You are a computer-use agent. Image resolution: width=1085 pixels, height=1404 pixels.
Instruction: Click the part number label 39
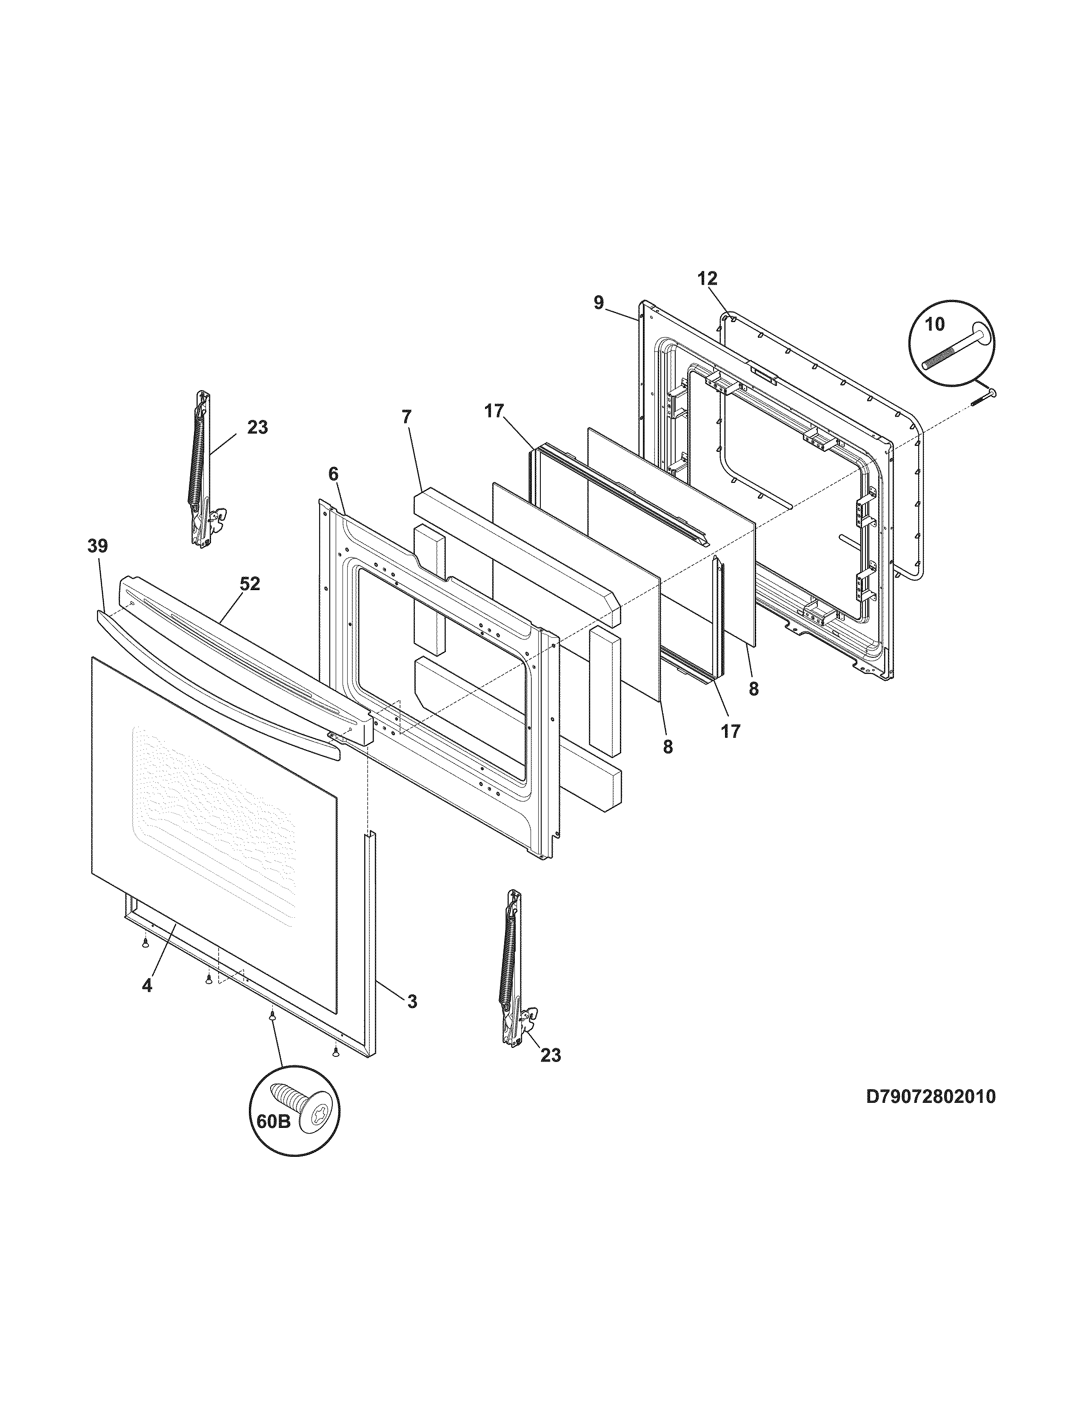[98, 546]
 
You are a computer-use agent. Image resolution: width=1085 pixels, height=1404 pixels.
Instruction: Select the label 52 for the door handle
[250, 584]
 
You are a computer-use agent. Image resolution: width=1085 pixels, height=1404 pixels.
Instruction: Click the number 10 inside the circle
[935, 324]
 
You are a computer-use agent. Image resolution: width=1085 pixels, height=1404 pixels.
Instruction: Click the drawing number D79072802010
[931, 1096]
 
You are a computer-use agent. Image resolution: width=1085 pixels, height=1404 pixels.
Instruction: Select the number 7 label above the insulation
[406, 416]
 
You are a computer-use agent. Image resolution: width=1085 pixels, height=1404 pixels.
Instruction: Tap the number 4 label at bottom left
[147, 985]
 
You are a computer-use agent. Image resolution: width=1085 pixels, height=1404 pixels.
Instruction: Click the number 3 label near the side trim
[412, 1001]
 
